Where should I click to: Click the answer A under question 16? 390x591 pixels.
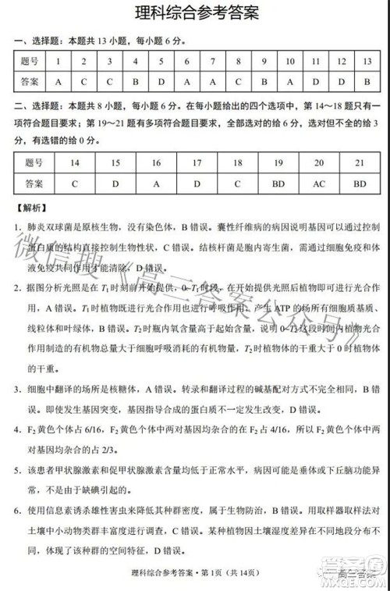click(156, 183)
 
